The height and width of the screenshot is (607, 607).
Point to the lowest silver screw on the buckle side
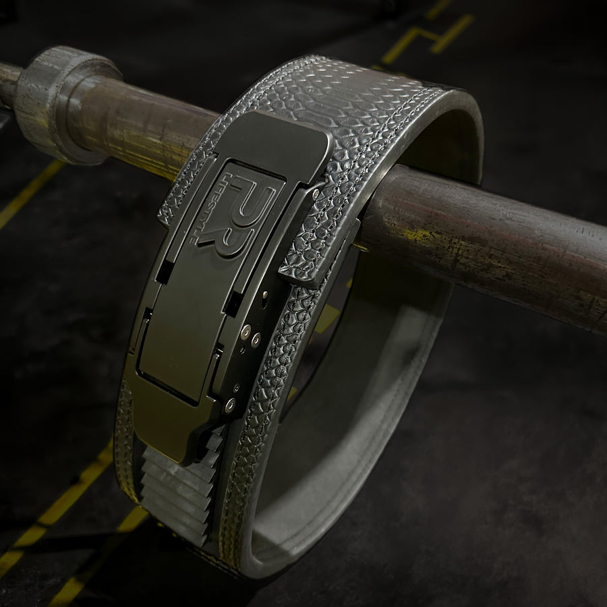[x=230, y=405]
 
